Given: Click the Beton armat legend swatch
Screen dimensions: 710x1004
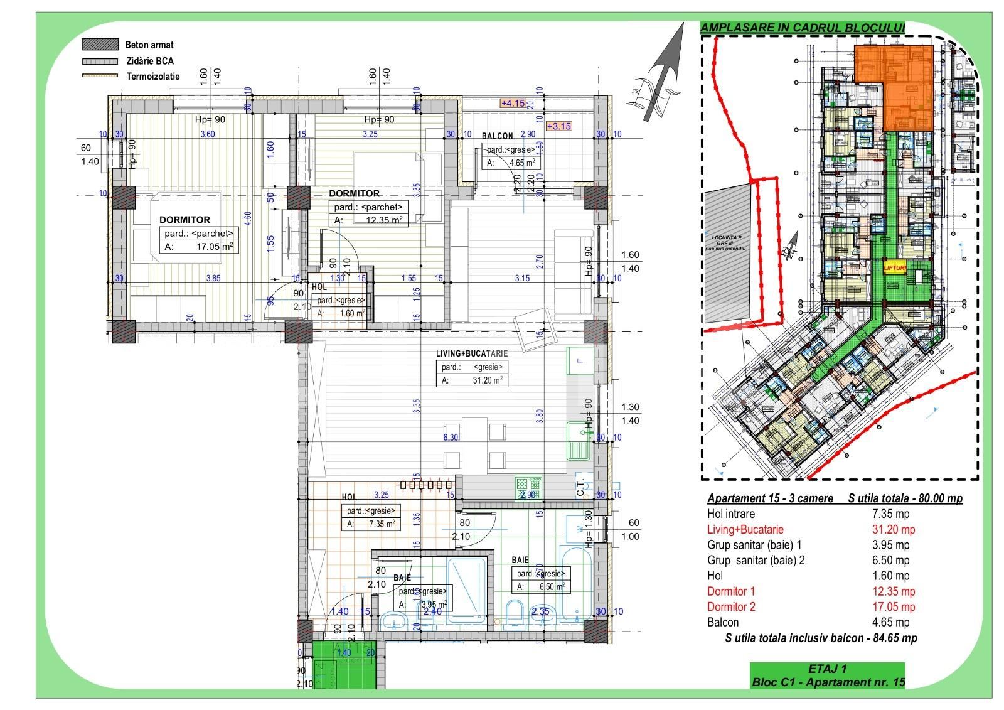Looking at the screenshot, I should [100, 45].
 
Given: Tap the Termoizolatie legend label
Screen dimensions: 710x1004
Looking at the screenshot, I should [152, 77].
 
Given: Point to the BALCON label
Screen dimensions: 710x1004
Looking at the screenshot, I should [498, 136].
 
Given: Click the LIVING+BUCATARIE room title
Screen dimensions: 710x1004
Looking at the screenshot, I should [472, 353].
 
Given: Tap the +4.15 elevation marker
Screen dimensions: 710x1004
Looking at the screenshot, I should [512, 103].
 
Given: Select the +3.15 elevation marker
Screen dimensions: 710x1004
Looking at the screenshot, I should [559, 126].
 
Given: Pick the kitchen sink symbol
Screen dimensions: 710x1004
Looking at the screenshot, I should [576, 440].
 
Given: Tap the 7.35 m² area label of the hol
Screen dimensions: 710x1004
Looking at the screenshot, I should [371, 524].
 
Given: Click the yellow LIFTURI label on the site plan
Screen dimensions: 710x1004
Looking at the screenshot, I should [894, 267].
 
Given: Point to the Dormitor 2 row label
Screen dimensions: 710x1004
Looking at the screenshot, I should [731, 606].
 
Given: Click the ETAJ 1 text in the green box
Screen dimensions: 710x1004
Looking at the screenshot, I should [828, 669].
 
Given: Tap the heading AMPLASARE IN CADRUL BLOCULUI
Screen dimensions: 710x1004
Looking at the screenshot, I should [802, 28].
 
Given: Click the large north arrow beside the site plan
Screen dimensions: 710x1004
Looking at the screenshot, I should [664, 72].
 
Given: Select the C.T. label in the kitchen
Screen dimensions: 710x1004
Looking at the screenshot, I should [580, 487].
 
